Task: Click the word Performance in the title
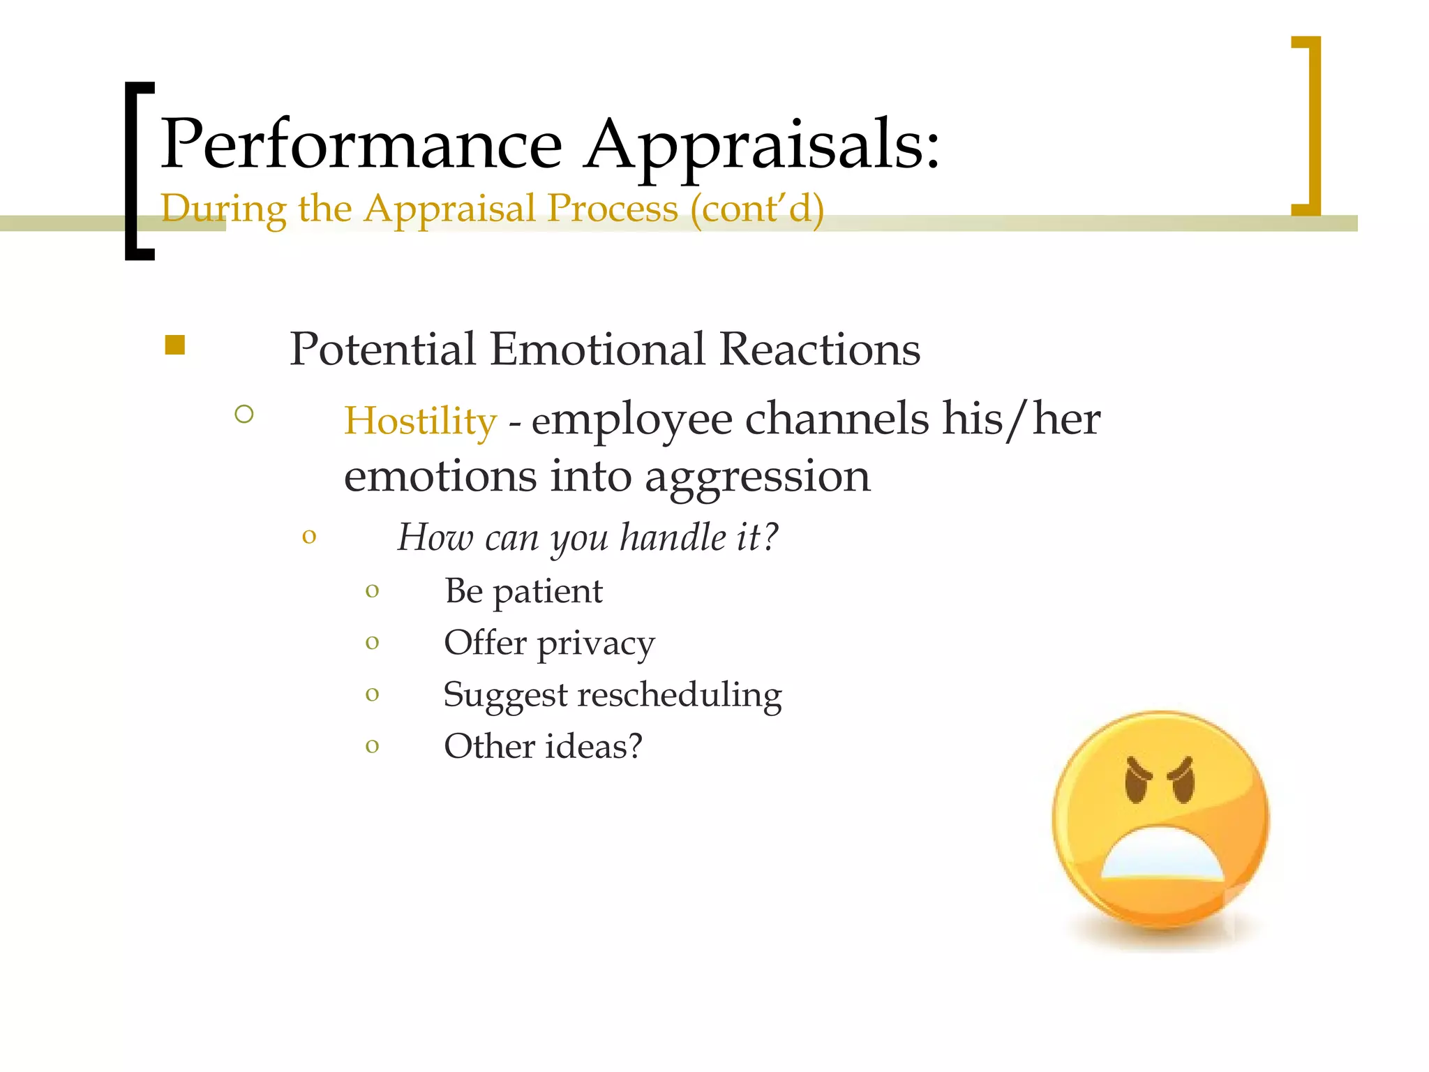[361, 144]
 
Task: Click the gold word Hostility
[420, 421]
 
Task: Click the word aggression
[757, 477]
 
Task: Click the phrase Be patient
[523, 591]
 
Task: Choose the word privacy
[596, 643]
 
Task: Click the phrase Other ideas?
[543, 746]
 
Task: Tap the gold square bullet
[175, 345]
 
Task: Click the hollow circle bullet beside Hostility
[244, 415]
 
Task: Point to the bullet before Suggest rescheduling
[372, 694]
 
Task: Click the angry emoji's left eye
[1138, 780]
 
